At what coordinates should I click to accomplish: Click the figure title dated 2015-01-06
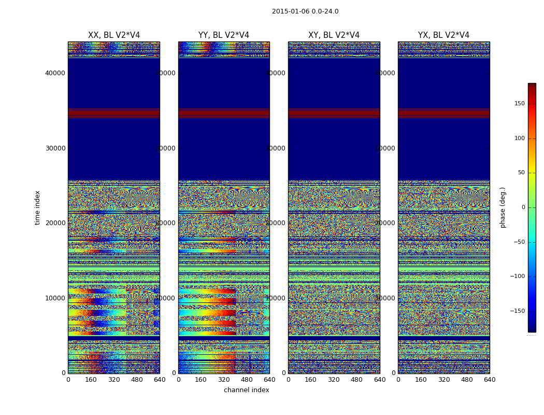click(x=305, y=11)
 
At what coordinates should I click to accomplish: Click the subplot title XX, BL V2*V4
click(x=114, y=35)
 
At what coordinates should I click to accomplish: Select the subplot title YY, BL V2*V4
click(x=224, y=35)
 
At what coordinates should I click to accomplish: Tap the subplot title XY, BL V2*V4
click(x=334, y=35)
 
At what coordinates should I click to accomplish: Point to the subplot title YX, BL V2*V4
click(x=443, y=35)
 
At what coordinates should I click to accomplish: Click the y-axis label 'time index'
click(x=37, y=208)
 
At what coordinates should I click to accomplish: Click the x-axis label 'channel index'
click(x=247, y=390)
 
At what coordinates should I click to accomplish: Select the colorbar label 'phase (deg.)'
click(x=503, y=208)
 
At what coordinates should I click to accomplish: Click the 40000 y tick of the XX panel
click(x=55, y=73)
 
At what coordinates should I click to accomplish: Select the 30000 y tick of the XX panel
click(x=55, y=148)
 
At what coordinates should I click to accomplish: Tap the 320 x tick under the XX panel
click(x=114, y=380)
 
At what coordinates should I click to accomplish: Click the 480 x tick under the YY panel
click(x=247, y=380)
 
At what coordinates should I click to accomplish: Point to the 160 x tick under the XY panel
click(x=311, y=380)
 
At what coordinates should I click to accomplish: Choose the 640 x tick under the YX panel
click(x=490, y=380)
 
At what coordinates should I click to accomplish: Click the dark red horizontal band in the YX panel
click(x=443, y=112)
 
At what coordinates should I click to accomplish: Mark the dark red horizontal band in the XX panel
click(x=114, y=112)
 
